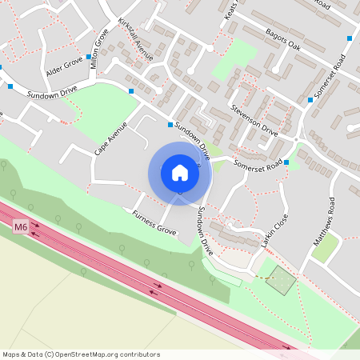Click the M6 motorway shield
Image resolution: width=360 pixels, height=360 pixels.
click(x=20, y=228)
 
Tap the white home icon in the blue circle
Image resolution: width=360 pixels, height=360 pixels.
click(x=179, y=173)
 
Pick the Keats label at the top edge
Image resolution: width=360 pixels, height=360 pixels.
click(x=232, y=10)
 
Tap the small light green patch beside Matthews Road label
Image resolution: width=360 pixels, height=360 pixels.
click(x=325, y=248)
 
